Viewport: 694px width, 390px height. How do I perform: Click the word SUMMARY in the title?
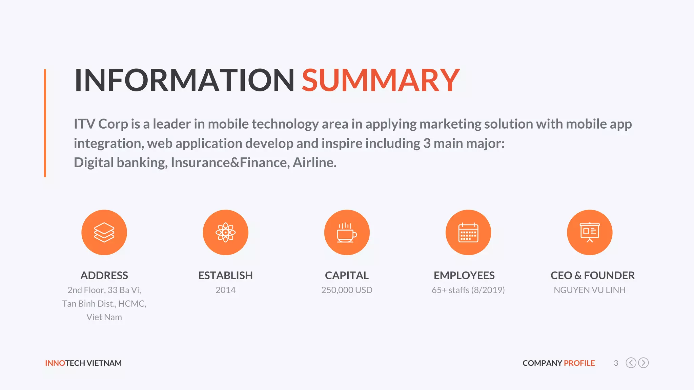point(381,80)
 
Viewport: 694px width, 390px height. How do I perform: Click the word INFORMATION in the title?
point(184,80)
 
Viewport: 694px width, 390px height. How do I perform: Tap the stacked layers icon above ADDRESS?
point(104,233)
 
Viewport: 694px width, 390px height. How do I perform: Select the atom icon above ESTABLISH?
point(225,233)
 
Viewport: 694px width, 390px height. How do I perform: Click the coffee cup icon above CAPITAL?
point(347,233)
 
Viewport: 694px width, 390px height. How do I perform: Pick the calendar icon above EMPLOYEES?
point(468,233)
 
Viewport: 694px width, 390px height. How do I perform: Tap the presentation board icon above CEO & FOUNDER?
point(589,233)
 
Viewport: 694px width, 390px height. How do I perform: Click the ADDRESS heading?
point(104,276)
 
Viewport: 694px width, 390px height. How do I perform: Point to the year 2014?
point(225,290)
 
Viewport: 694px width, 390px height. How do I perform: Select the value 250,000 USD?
point(347,290)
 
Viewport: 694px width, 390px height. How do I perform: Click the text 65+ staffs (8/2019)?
point(468,290)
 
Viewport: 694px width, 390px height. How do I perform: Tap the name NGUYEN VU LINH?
point(589,290)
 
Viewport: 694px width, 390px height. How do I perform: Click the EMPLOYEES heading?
point(464,276)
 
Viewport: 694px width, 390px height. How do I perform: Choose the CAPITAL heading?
point(347,276)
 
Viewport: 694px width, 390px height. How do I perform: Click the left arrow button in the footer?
point(631,363)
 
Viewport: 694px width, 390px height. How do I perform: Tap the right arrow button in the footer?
point(643,363)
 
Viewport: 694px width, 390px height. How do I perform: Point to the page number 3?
point(616,363)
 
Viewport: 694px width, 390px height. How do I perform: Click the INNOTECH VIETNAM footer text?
point(83,363)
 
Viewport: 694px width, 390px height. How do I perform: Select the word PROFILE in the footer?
point(579,363)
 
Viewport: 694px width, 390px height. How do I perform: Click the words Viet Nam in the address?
point(104,317)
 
